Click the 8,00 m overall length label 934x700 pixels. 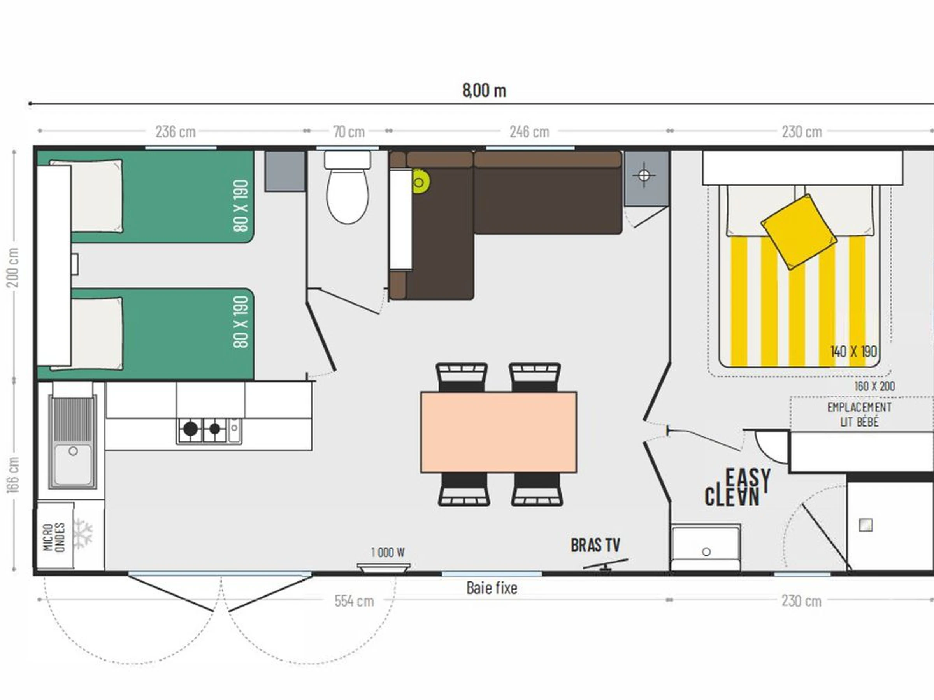tap(484, 91)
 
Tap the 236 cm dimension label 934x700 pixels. tap(176, 132)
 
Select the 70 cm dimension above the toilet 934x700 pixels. tap(349, 132)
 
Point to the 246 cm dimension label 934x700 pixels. tap(529, 132)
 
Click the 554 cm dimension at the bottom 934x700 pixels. tap(354, 601)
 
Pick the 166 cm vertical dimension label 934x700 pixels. tap(14, 475)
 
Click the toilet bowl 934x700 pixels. tap(348, 196)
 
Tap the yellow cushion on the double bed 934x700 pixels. tap(799, 232)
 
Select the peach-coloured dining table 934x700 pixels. tap(499, 432)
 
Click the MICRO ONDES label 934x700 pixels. tap(54, 537)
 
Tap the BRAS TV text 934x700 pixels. tap(595, 545)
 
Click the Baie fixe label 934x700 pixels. tap(492, 588)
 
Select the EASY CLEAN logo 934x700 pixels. tap(737, 487)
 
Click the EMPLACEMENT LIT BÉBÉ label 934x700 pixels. tap(859, 414)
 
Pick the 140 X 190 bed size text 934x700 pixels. tap(853, 352)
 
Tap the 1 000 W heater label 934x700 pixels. tap(388, 552)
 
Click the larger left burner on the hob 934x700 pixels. tap(190, 429)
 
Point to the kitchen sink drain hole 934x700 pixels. tap(73, 451)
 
